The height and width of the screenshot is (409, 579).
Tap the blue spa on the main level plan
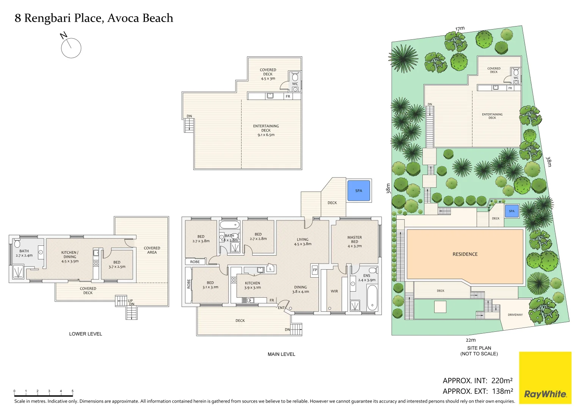click(x=359, y=190)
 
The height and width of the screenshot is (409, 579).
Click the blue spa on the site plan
click(x=512, y=211)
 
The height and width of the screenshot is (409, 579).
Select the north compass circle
click(x=71, y=48)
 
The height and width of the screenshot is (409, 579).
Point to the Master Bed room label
click(x=355, y=242)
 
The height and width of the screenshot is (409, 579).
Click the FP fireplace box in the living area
click(x=315, y=270)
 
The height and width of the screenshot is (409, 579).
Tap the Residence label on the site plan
click(x=465, y=254)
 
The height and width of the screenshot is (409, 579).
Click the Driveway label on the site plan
click(x=515, y=315)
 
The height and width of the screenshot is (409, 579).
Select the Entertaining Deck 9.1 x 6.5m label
click(x=266, y=130)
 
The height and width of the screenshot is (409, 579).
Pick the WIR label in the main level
click(x=334, y=291)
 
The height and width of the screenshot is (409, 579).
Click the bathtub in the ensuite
click(x=372, y=298)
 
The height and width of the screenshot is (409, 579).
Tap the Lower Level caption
click(x=85, y=334)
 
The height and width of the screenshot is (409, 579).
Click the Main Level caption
click(x=281, y=354)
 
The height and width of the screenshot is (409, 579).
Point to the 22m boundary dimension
click(x=471, y=340)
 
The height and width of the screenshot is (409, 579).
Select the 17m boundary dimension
click(x=460, y=29)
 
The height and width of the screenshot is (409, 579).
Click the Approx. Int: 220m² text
click(x=477, y=381)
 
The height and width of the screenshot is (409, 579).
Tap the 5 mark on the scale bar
click(x=72, y=391)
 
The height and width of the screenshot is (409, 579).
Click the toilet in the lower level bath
click(x=17, y=243)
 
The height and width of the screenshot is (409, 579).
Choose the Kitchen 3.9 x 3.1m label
click(x=253, y=285)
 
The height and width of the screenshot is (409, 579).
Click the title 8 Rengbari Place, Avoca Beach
click(x=94, y=18)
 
